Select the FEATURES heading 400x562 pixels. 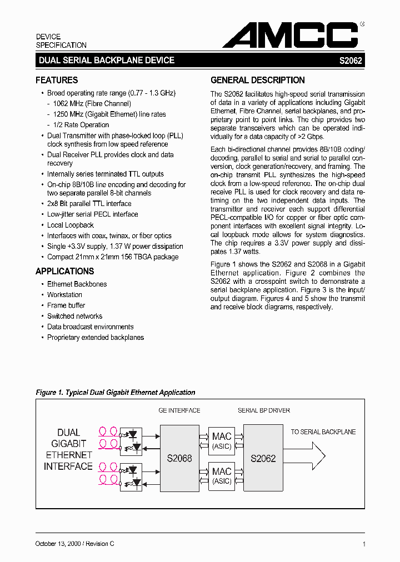point(57,80)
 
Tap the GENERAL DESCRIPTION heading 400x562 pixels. point(257,80)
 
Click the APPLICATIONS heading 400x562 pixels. point(64,271)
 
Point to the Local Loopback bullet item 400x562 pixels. point(71,225)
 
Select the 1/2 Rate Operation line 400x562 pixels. point(81,125)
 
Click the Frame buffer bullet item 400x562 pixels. point(66,305)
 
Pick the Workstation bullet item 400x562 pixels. point(64,295)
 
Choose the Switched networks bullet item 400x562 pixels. point(74,316)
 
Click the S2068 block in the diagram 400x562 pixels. point(179,459)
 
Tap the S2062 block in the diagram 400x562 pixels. point(263,459)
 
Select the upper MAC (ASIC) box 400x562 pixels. point(222,441)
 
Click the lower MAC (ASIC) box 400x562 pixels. point(222,476)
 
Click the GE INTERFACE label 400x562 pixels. point(179,410)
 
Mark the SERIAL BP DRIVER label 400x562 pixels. point(263,410)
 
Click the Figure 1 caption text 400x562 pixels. point(116,392)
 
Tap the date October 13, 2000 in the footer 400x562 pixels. point(58,544)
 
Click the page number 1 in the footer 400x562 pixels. point(363,544)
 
